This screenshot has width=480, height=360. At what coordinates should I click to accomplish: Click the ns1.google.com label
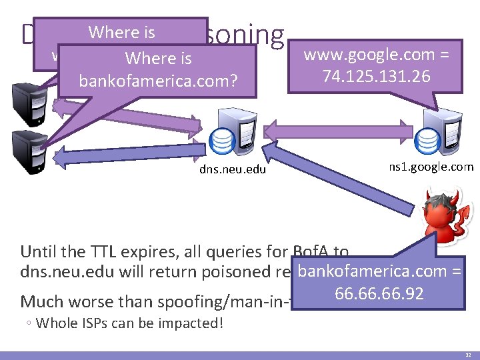[431, 167]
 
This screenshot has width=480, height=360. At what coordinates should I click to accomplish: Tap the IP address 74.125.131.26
[376, 76]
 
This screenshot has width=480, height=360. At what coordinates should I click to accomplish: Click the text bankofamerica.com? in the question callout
[158, 81]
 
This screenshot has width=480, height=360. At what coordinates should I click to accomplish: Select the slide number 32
[467, 355]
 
